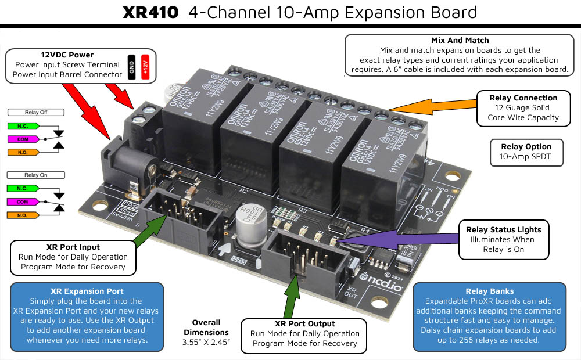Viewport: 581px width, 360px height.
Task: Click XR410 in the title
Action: tap(150, 12)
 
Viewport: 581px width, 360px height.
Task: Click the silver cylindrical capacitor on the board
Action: tap(256, 219)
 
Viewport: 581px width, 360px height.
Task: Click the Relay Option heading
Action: tap(525, 146)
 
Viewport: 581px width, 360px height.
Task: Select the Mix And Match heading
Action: tap(460, 41)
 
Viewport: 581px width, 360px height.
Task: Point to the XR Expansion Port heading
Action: tap(87, 291)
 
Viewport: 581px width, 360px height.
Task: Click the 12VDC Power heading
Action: tap(67, 55)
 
